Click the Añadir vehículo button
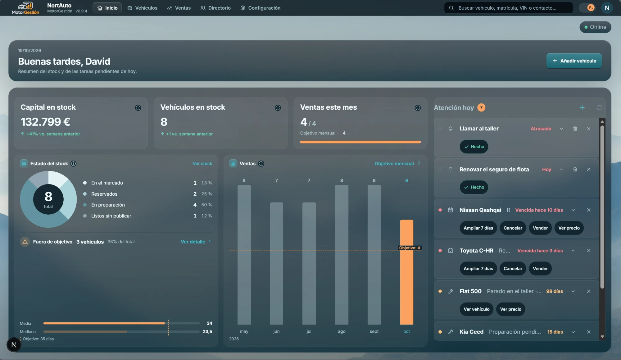pos(574,61)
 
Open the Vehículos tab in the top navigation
pos(142,8)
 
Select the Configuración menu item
pos(260,8)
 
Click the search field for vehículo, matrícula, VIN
pos(508,8)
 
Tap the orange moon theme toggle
pos(591,8)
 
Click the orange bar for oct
pos(406,272)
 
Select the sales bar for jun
pos(276,263)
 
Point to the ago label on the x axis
pos(342,331)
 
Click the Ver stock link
pos(202,164)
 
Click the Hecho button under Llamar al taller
pos(474,147)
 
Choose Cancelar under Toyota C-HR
pos(513,269)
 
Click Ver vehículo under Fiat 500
pos(476,309)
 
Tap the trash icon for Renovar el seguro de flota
pos(575,169)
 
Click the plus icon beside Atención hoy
pos(582,107)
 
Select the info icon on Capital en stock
pos(138,108)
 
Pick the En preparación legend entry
pos(108,205)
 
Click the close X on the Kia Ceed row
pos(589,332)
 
